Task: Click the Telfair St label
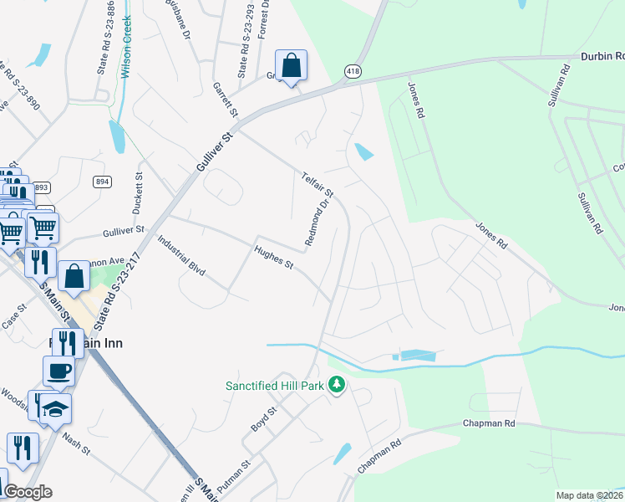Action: coord(318,182)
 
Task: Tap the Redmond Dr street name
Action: coord(318,223)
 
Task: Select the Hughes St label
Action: coord(274,254)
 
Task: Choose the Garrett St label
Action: coord(226,100)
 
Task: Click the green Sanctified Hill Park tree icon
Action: coord(337,385)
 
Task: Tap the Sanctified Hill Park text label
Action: coord(274,386)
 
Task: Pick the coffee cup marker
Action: coord(58,371)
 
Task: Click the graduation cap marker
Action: coord(56,408)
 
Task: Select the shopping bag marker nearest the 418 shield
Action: coord(291,65)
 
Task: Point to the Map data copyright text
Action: coord(589,495)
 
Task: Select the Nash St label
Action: coord(75,438)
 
